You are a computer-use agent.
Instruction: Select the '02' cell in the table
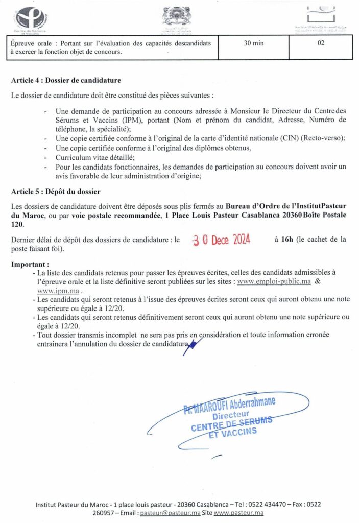point(321,43)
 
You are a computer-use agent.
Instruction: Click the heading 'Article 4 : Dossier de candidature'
point(66,80)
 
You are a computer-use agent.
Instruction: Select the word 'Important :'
point(30,265)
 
